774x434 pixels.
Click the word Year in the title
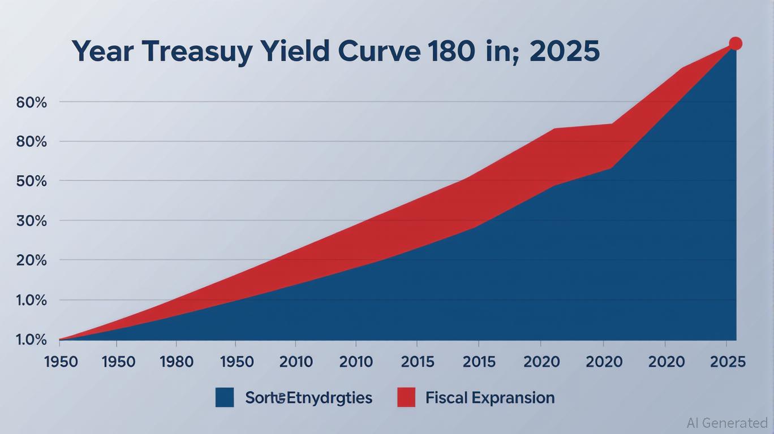tap(103, 51)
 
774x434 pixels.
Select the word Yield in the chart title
tap(297, 51)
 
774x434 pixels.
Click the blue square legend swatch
tap(225, 397)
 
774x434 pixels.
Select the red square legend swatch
tap(406, 397)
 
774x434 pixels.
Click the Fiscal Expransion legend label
tap(490, 398)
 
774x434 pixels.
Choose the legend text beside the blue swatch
tap(308, 398)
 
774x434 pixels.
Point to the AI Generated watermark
tap(726, 423)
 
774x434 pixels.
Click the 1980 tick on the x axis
tap(177, 362)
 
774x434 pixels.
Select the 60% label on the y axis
tap(32, 102)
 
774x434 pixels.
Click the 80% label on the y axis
tap(32, 141)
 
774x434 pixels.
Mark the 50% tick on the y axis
tap(32, 181)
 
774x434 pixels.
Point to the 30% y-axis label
tap(32, 220)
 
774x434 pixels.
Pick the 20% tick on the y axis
tap(32, 260)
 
